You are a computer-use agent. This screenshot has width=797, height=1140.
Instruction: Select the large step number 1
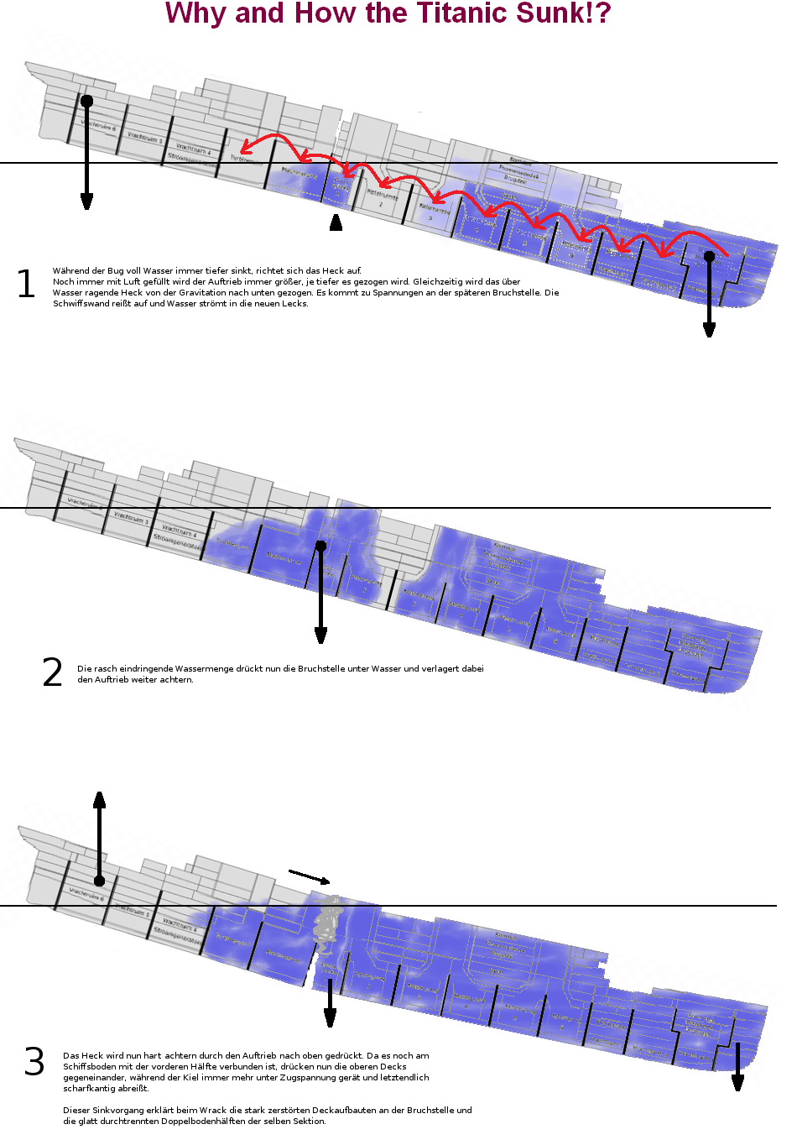click(26, 285)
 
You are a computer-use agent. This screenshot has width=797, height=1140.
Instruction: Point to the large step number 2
click(52, 672)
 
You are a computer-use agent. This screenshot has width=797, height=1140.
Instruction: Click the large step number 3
click(34, 1062)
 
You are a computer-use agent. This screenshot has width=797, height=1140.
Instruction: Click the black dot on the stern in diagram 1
click(86, 101)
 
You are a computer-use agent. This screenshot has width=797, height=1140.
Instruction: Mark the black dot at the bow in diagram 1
click(709, 256)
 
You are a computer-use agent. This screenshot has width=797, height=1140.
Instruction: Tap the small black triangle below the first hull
click(336, 222)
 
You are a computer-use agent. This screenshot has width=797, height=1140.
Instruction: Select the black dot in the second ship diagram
click(320, 546)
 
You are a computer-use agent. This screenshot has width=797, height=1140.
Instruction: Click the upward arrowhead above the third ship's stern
click(99, 798)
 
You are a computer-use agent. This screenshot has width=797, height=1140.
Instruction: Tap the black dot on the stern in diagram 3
click(99, 881)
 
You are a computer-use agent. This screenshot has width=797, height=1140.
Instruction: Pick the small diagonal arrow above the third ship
click(310, 876)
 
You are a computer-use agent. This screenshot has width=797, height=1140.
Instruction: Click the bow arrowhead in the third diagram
click(737, 1082)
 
